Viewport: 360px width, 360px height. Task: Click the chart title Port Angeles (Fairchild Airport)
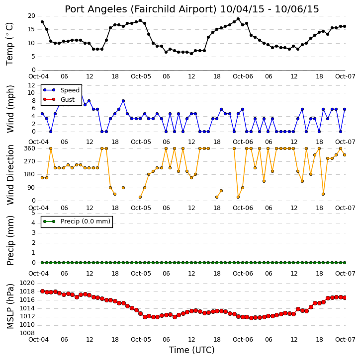(x=140, y=9)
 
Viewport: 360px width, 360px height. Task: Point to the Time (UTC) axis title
(x=192, y=350)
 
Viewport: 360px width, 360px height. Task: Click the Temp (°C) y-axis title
(x=9, y=44)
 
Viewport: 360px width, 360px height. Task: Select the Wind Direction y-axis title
(x=10, y=175)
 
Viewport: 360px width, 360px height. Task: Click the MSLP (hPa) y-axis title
(x=10, y=306)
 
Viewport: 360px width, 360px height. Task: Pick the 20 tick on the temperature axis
(x=31, y=16)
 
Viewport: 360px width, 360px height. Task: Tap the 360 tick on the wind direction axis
(x=30, y=148)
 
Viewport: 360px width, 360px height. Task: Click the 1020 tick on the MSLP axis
(x=27, y=283)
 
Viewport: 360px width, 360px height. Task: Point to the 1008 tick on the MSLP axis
(x=27, y=333)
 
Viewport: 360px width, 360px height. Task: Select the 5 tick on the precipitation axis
(x=33, y=213)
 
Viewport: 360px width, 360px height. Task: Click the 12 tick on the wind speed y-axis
(x=31, y=85)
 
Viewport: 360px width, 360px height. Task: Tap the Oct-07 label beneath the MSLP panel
(x=345, y=339)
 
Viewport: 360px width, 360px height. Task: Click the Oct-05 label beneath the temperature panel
(x=141, y=76)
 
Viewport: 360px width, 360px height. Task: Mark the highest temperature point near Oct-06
(x=238, y=19)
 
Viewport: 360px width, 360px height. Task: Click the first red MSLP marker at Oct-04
(x=42, y=291)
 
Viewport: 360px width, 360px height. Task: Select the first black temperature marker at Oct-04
(x=42, y=22)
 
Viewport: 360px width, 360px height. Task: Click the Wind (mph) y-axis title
(x=10, y=109)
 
